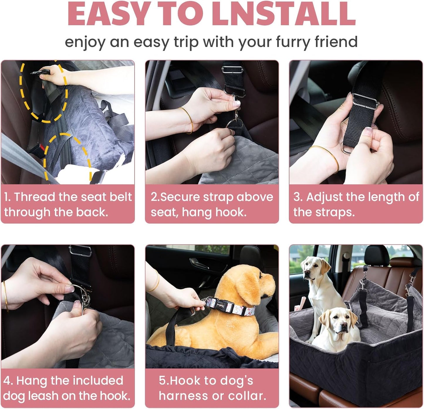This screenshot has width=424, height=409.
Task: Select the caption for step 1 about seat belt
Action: [68, 204]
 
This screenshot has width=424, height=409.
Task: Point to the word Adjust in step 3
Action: [324, 197]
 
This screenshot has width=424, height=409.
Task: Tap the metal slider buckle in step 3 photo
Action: [365, 101]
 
